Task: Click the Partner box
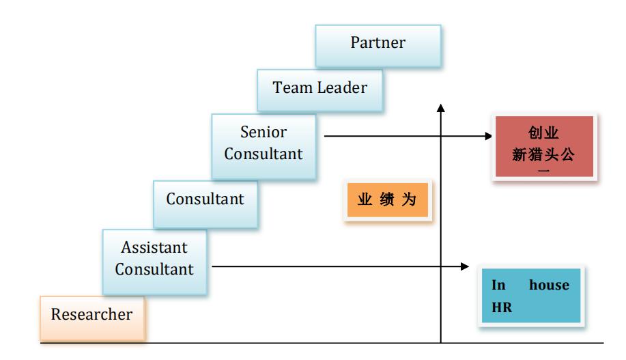point(378,44)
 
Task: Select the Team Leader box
point(319,88)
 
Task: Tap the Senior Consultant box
point(264,143)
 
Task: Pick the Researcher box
point(92,315)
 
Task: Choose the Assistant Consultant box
point(154,258)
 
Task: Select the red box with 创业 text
point(543,146)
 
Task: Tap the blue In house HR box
point(531,296)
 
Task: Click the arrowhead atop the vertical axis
point(441,108)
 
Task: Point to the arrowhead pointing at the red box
point(487,136)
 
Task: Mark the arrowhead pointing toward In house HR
point(466,266)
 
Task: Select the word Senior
point(264,132)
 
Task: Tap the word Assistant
point(154,247)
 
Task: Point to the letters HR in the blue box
point(502,307)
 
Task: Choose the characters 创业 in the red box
point(543,133)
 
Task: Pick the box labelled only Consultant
point(205,199)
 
